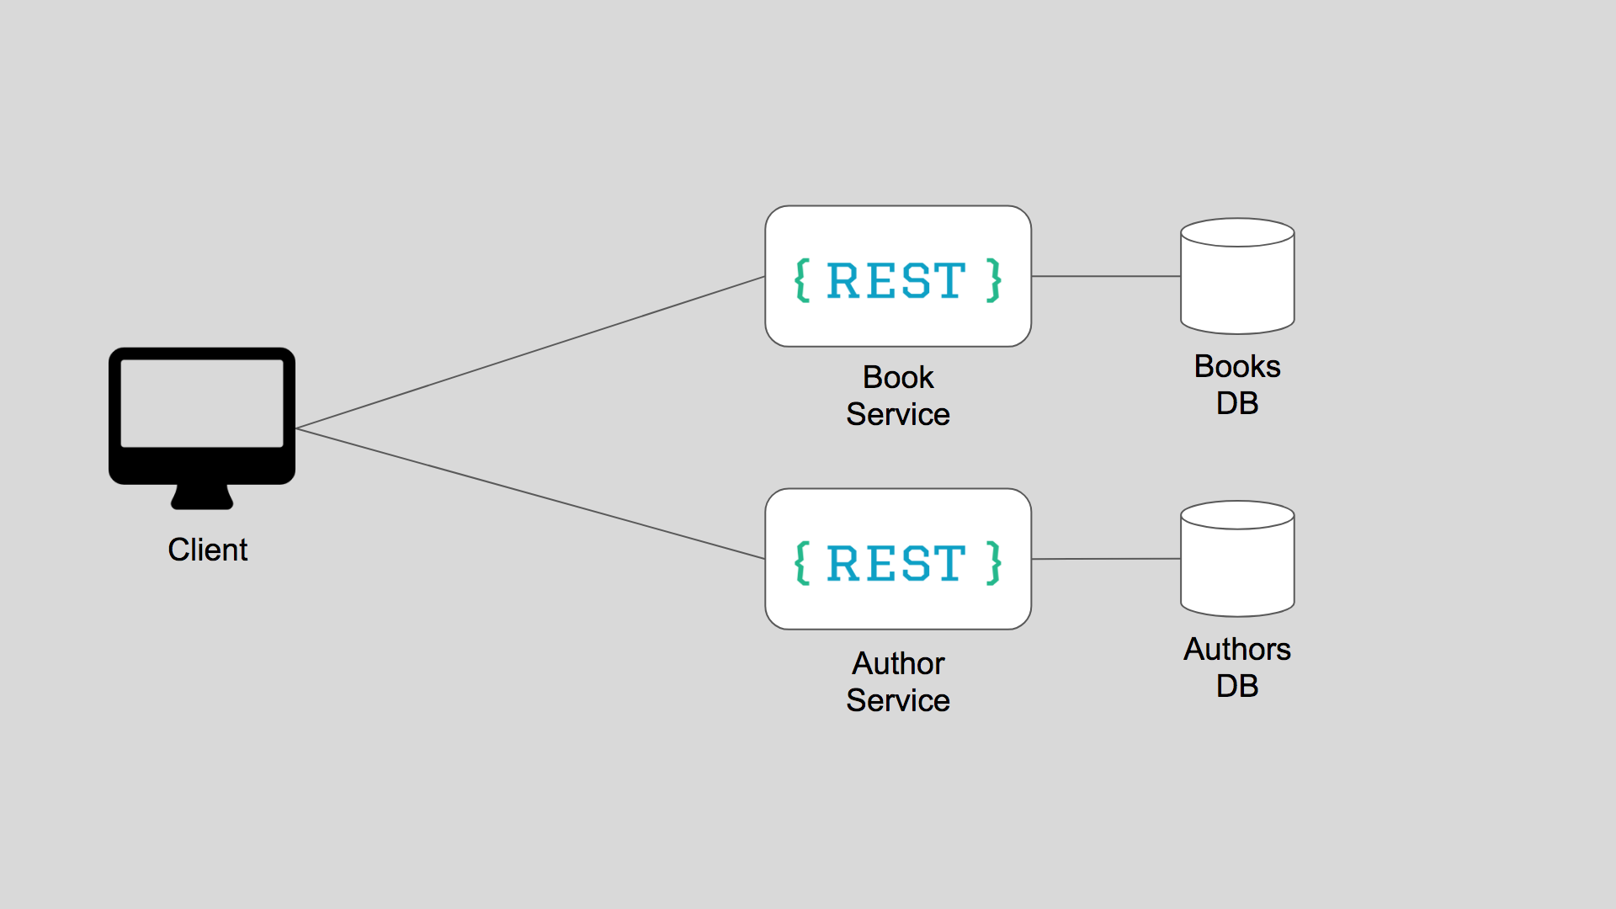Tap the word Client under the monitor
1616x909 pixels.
click(207, 550)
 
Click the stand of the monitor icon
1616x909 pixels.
click(202, 497)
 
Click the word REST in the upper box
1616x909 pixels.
click(896, 280)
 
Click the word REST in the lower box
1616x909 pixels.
click(896, 563)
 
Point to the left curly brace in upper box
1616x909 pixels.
click(802, 280)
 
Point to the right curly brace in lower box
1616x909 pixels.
click(994, 563)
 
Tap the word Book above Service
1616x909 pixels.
click(898, 377)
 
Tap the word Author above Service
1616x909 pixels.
click(898, 663)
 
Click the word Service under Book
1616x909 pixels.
click(898, 414)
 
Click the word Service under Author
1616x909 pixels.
click(898, 700)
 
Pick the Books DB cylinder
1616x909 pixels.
click(1237, 282)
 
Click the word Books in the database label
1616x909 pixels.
click(1237, 366)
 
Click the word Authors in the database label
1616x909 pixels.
click(1237, 649)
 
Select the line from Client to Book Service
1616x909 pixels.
click(530, 352)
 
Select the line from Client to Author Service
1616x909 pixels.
click(530, 494)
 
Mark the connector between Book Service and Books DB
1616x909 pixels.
click(1106, 276)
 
